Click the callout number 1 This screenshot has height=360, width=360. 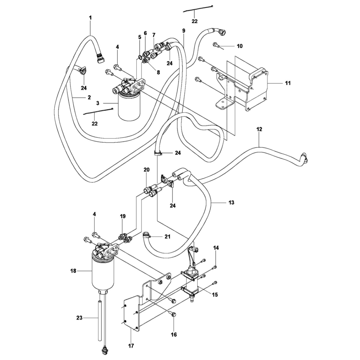pyautogui.click(x=90, y=17)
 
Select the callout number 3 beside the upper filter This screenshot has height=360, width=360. pyautogui.click(x=98, y=103)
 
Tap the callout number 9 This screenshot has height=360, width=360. pyautogui.click(x=184, y=31)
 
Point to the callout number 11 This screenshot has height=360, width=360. pyautogui.click(x=288, y=83)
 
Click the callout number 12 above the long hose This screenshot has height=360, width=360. pyautogui.click(x=259, y=129)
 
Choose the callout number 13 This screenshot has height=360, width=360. pyautogui.click(x=231, y=203)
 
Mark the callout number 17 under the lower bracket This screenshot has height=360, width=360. pyautogui.click(x=131, y=346)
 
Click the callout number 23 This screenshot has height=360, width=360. pyautogui.click(x=80, y=318)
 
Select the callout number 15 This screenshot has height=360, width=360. pyautogui.click(x=215, y=295)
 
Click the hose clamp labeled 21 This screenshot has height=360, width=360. pyautogui.click(x=146, y=236)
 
